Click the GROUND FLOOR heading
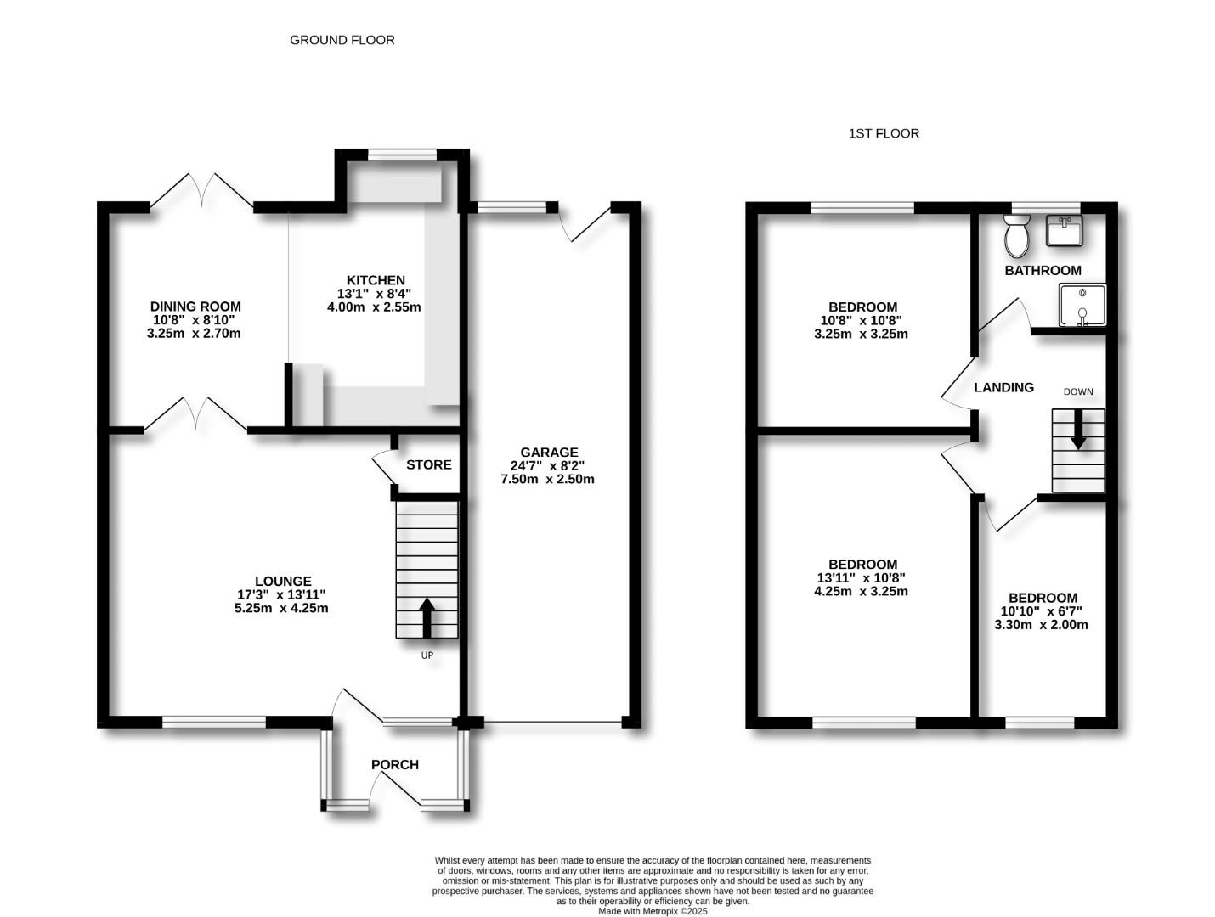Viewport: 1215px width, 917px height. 342,40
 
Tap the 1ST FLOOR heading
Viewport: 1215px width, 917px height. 883,133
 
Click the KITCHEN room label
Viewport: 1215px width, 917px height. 376,280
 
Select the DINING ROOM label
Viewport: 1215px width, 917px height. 195,307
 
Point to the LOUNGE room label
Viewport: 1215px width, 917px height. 282,582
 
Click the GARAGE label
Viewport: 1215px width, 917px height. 549,453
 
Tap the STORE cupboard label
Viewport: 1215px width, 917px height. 428,464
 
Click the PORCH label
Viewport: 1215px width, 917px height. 395,764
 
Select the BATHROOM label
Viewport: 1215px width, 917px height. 1043,270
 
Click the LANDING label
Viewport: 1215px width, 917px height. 1003,387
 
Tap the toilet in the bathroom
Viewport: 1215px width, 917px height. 1016,235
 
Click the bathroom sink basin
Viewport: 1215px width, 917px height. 1064,230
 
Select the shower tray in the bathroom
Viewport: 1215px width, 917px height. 1082,305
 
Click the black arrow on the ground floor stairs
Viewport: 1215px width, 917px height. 427,616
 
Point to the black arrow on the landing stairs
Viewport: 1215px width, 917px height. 1078,429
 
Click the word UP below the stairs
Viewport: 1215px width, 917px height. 427,655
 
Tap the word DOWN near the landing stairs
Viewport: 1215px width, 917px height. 1078,391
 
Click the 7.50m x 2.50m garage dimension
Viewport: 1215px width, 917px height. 547,479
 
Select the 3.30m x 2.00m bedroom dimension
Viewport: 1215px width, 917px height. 1041,625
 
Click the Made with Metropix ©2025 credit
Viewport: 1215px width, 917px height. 653,911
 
